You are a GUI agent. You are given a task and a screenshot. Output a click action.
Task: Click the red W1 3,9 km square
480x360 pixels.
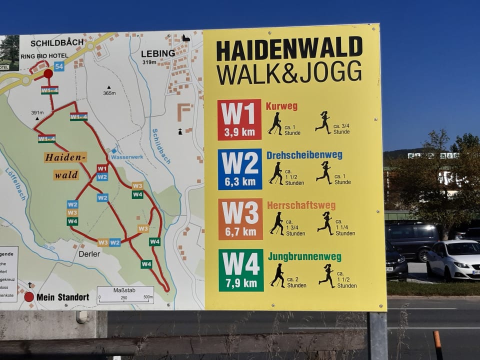point(239,119)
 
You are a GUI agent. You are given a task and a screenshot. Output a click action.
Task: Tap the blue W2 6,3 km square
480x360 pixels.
point(239,169)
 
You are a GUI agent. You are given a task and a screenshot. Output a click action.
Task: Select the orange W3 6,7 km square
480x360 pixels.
point(240,219)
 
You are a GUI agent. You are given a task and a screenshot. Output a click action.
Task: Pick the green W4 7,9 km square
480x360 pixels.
point(240,270)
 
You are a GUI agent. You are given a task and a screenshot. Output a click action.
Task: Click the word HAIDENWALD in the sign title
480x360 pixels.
point(289,49)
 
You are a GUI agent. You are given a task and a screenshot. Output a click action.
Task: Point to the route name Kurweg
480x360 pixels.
point(281,106)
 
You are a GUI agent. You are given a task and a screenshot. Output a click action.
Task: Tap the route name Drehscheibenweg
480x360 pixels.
point(304,155)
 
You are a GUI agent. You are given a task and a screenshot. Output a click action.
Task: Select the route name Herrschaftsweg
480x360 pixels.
point(301,205)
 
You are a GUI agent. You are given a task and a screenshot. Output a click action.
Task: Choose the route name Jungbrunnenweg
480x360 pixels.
point(304,257)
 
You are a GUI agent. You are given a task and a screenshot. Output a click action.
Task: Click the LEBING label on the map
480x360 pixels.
point(158,53)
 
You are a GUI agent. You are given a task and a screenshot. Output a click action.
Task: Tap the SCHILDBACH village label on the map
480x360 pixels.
point(57,43)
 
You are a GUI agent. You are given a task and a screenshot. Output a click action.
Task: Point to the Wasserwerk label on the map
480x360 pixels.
point(127,156)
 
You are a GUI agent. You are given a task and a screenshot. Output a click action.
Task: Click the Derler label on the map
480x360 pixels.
point(89,253)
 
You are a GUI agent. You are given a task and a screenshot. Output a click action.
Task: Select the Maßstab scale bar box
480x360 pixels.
point(125,295)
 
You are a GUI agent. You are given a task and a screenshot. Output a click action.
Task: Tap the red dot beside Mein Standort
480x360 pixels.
point(29,297)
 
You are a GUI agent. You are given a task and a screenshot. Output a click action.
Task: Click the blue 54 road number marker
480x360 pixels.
point(59,66)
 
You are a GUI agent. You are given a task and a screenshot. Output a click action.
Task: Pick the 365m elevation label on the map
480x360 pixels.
point(109,93)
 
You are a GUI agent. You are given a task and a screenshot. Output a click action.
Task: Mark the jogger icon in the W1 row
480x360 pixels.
point(323,122)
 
